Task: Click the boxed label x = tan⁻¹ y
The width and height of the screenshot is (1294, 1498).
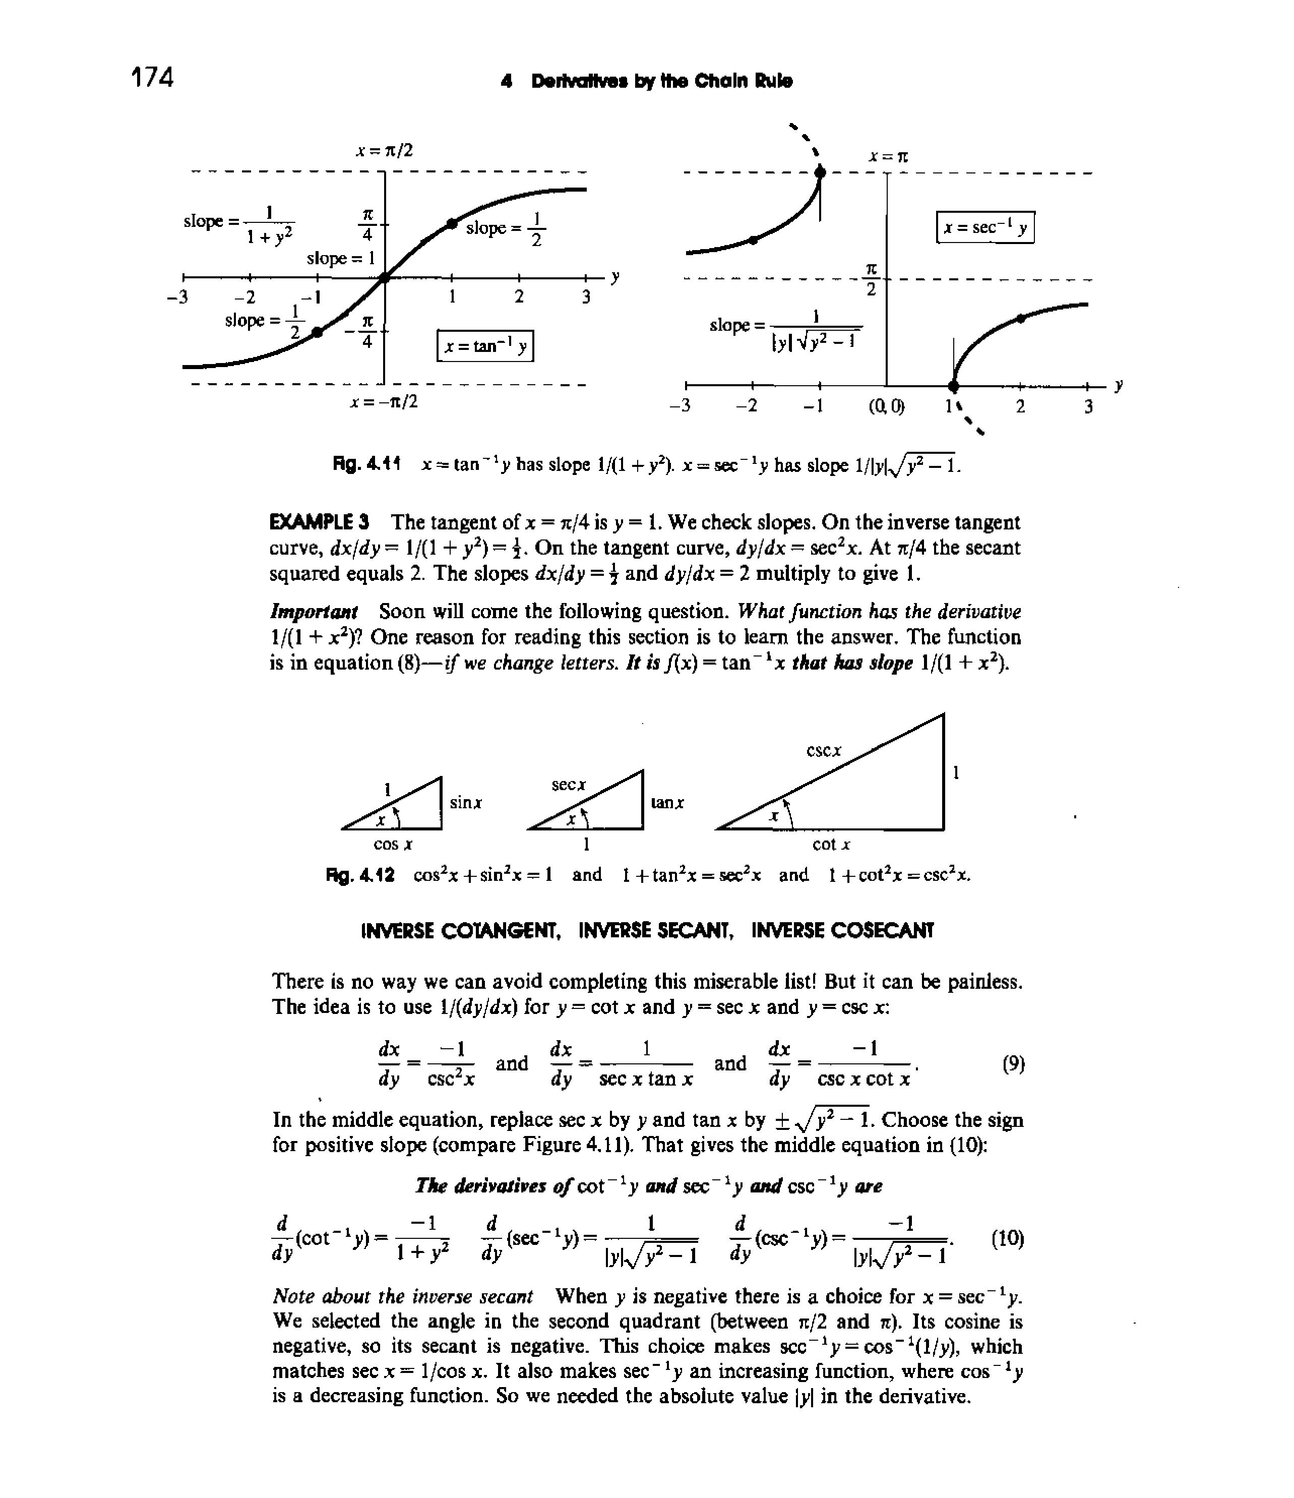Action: pyautogui.click(x=485, y=346)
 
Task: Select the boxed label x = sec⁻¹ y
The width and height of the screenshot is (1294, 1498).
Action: pyautogui.click(x=985, y=228)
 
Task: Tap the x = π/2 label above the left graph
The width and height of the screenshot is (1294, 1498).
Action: pyautogui.click(x=384, y=150)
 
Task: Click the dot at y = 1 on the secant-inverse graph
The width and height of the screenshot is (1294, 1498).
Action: pyautogui.click(x=954, y=385)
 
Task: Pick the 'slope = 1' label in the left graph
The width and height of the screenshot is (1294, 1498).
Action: pyautogui.click(x=340, y=258)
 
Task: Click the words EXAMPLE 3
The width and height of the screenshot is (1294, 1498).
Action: pyautogui.click(x=320, y=521)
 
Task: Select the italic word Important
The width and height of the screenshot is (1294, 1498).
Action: pyautogui.click(x=314, y=612)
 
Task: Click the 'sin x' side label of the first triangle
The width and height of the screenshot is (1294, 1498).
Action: pyautogui.click(x=466, y=803)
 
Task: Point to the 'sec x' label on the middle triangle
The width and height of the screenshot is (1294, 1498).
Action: pyautogui.click(x=569, y=785)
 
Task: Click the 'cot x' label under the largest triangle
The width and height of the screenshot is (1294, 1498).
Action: pyautogui.click(x=831, y=845)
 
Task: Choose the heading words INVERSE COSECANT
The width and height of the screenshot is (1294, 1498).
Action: pyautogui.click(x=843, y=930)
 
